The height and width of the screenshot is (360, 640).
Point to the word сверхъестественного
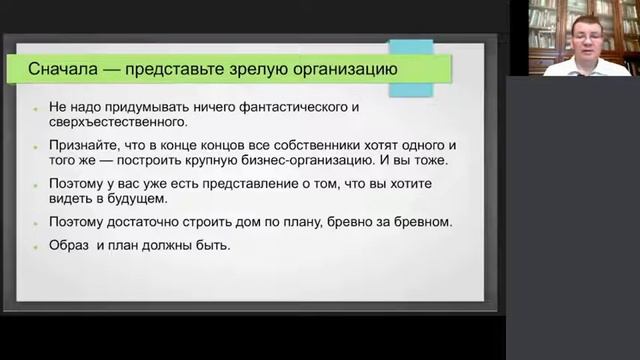(117, 123)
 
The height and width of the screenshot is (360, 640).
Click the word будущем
(166, 200)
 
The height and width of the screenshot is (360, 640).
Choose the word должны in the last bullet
(175, 245)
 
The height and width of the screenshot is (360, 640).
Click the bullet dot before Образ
(34, 246)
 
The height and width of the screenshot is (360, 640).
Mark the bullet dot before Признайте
(34, 146)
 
